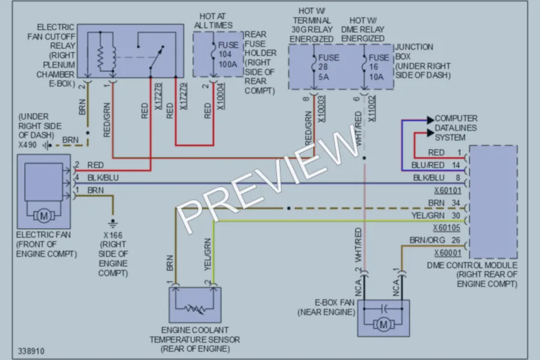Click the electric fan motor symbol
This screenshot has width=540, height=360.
click(x=44, y=216)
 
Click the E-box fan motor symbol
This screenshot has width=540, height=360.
click(x=383, y=325)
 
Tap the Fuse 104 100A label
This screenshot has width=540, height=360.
click(x=227, y=55)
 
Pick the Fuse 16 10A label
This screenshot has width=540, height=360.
click(x=379, y=67)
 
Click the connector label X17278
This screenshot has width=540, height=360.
click(x=158, y=97)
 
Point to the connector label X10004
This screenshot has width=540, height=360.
click(x=220, y=97)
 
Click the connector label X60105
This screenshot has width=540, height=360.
click(x=446, y=228)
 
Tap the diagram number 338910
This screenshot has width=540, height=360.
click(x=31, y=351)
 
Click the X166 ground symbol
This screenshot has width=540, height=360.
click(x=113, y=223)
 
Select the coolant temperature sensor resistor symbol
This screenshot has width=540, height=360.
click(x=195, y=308)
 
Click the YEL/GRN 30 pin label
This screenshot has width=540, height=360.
click(x=436, y=215)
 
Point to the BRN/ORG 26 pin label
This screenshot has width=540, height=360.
click(x=435, y=240)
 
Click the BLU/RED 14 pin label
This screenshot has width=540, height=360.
click(x=436, y=166)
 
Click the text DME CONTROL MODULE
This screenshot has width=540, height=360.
click(x=472, y=265)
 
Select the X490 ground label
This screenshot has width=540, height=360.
click(x=28, y=145)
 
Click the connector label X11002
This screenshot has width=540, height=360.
click(x=372, y=109)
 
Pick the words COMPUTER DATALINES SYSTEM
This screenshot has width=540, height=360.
click(x=455, y=128)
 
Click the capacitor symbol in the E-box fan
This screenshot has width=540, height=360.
click(x=385, y=308)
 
